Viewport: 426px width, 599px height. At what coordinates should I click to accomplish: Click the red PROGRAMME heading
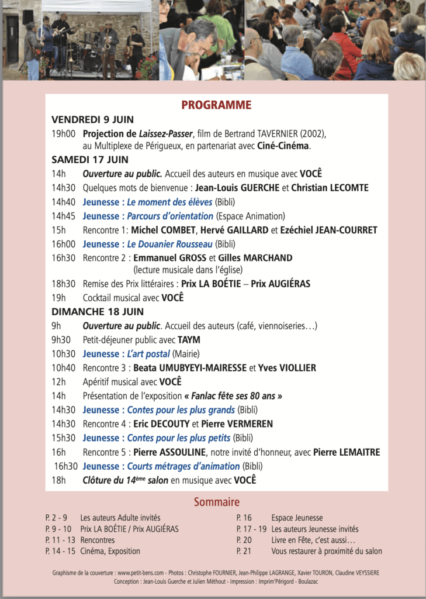216,105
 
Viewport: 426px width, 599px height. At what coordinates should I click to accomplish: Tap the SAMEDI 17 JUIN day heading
90,160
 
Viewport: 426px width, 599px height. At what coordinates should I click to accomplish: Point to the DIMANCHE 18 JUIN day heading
98,312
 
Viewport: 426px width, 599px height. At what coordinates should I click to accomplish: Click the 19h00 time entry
63,133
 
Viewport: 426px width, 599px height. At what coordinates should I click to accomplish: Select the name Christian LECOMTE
338,188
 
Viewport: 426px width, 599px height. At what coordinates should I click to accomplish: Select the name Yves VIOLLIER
287,368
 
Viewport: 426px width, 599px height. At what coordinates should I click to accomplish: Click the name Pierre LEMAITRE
347,452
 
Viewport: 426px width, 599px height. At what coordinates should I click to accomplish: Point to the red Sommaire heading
217,502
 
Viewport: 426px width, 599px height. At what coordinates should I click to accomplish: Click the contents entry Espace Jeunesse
297,518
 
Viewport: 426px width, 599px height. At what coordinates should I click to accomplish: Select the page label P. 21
244,551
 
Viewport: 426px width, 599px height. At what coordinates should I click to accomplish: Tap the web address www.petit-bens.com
139,573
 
